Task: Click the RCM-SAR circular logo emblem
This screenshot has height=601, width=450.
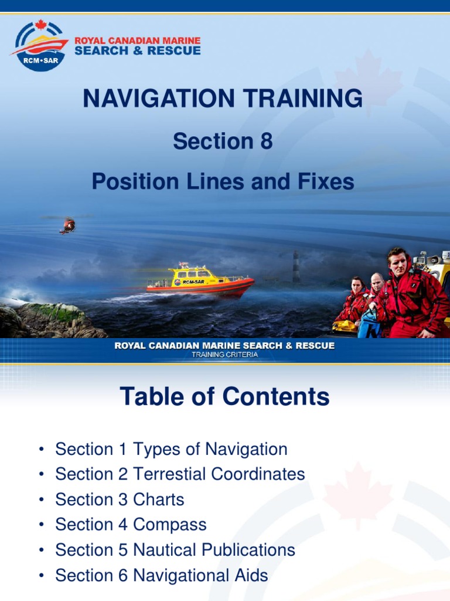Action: [40, 46]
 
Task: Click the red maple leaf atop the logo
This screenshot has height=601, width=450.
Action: [40, 25]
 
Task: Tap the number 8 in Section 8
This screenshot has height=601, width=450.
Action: [266, 141]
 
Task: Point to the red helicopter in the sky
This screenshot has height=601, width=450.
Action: [68, 225]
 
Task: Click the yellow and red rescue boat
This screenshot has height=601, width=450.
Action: [199, 280]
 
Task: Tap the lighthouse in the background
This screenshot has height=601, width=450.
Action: [296, 267]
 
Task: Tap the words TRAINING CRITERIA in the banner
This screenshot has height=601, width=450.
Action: [224, 354]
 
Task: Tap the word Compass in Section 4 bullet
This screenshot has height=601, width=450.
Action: [170, 525]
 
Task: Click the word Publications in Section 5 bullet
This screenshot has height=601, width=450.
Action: [244, 550]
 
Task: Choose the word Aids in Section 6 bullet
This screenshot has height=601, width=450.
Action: [250, 575]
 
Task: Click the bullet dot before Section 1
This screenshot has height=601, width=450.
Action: [41, 450]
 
